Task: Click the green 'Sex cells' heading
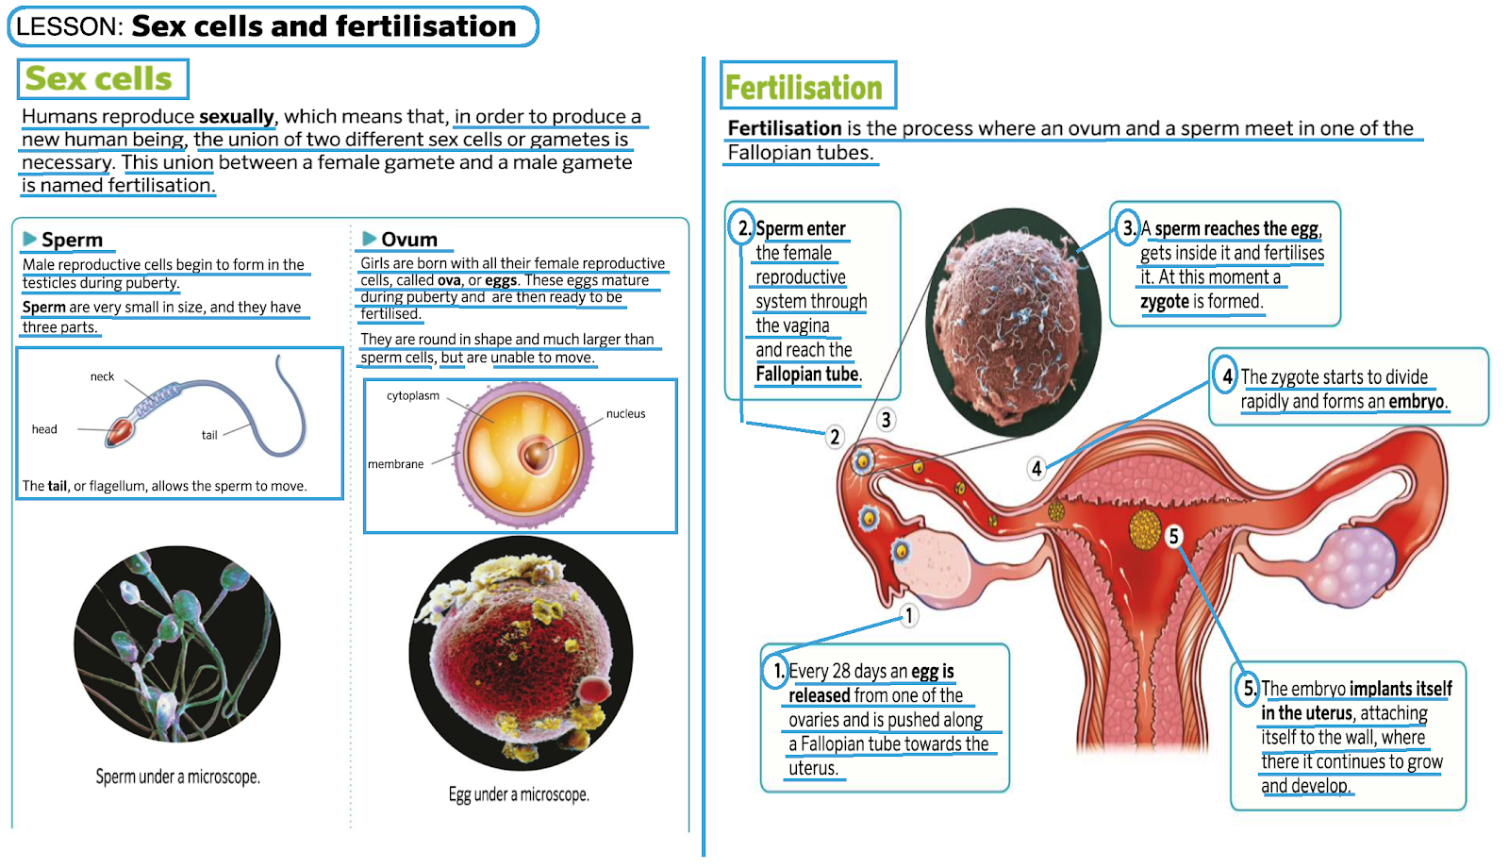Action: coord(99,78)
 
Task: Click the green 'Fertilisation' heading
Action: coord(804,88)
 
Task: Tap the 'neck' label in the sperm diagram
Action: coord(102,376)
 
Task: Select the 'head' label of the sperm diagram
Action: coord(44,429)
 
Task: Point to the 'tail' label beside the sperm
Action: coord(209,435)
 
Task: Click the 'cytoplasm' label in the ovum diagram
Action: coord(413,395)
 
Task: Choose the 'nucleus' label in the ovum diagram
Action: coord(625,413)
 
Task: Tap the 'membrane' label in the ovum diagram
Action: coord(395,464)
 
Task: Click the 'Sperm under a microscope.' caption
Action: coord(177,776)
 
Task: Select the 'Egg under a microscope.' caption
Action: coord(519,794)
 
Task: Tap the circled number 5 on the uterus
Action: coord(1173,536)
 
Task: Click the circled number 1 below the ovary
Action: coord(908,616)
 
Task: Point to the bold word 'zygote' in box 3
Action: coord(1164,302)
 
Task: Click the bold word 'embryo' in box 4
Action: coord(1416,401)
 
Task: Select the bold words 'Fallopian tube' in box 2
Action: coord(806,375)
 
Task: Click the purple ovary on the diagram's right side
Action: coord(1354,565)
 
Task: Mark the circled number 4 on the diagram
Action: coord(1036,468)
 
